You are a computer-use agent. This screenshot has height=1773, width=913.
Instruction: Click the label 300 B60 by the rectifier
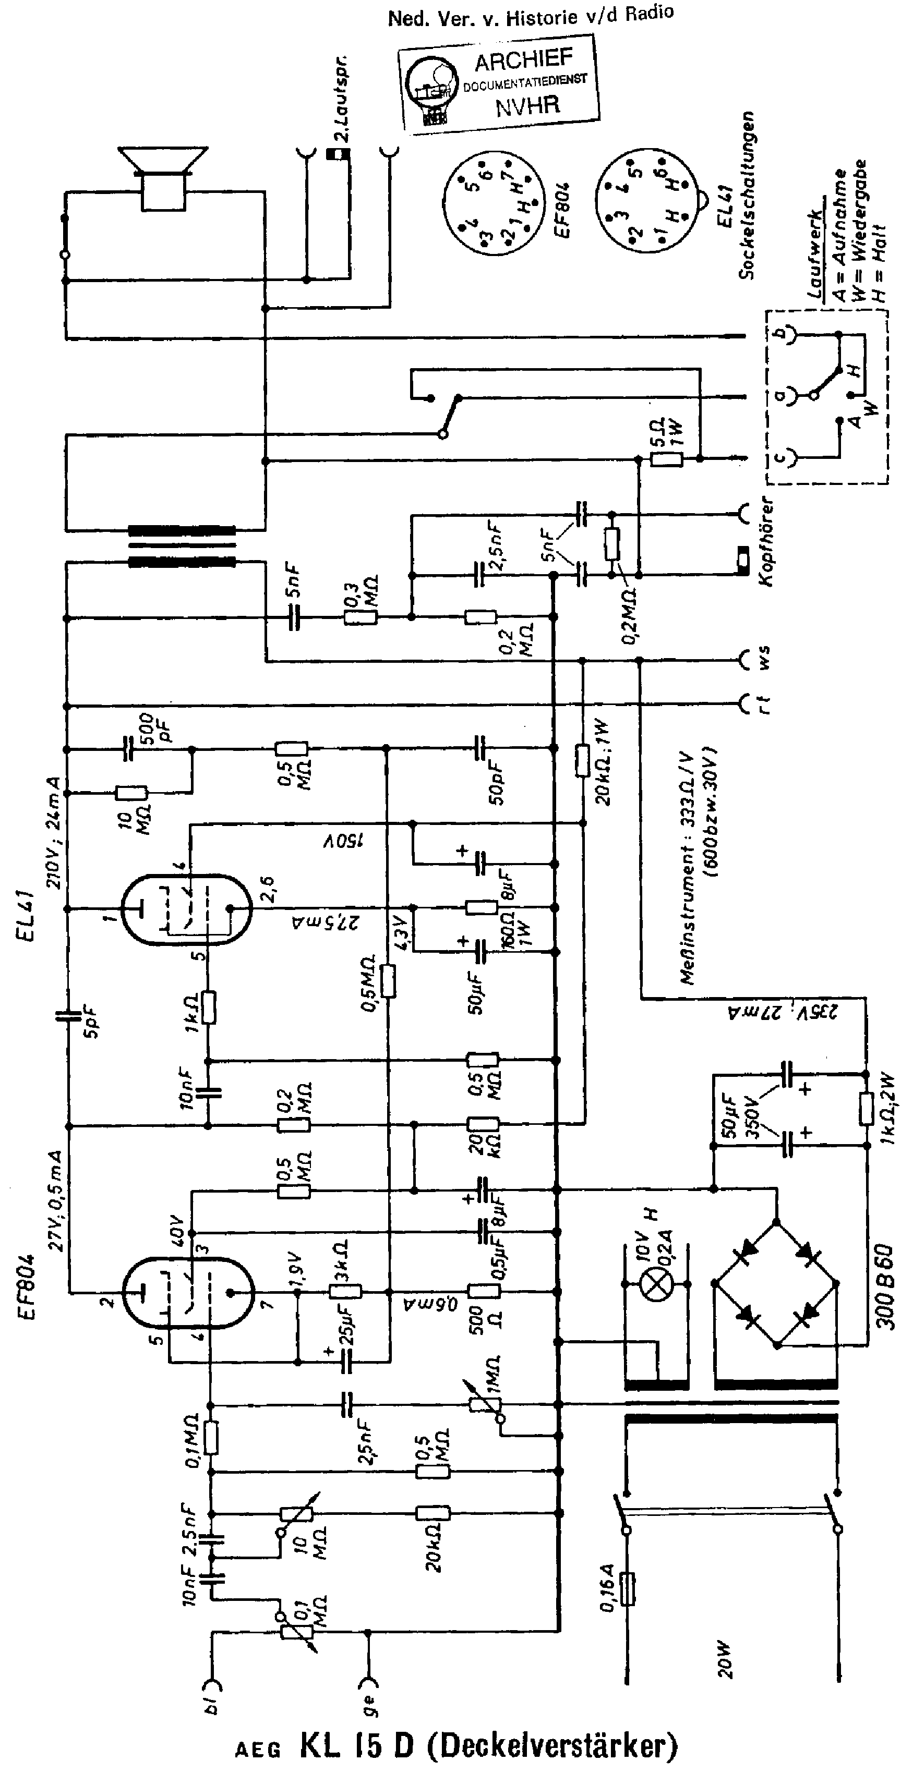click(887, 1286)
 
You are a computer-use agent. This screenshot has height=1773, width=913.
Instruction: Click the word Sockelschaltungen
click(747, 196)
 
